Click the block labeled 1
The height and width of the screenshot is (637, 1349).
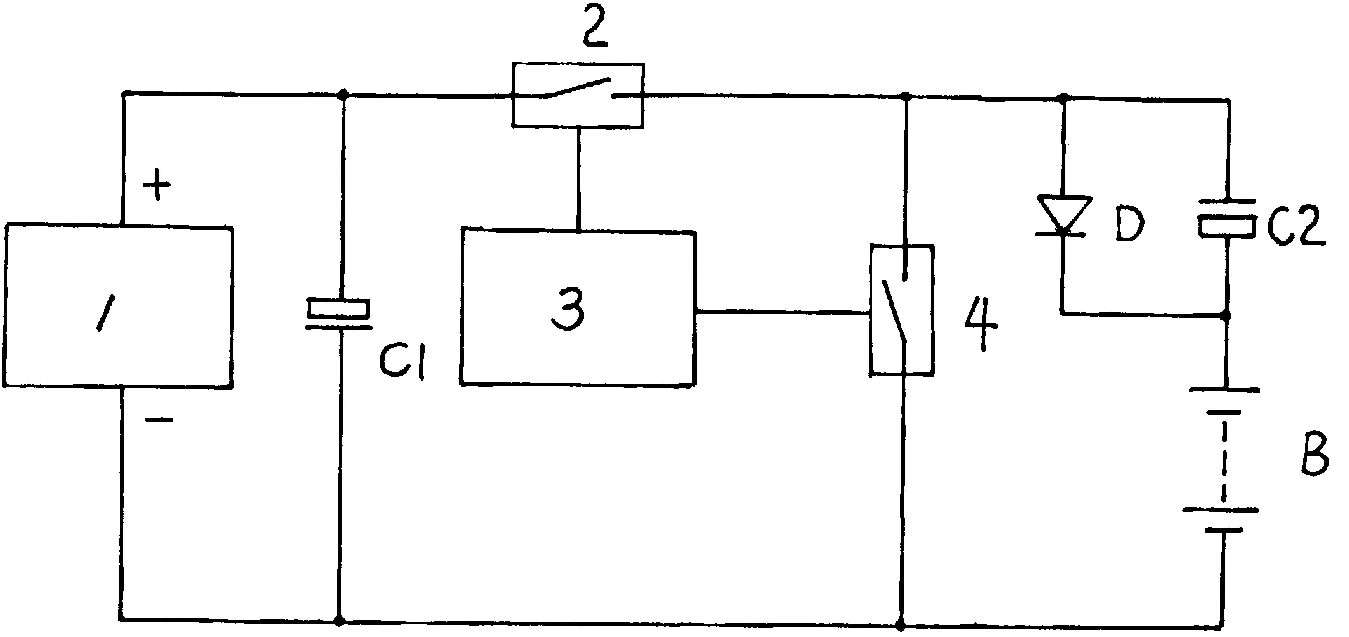point(118,307)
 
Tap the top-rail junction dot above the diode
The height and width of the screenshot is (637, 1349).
point(1063,97)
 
